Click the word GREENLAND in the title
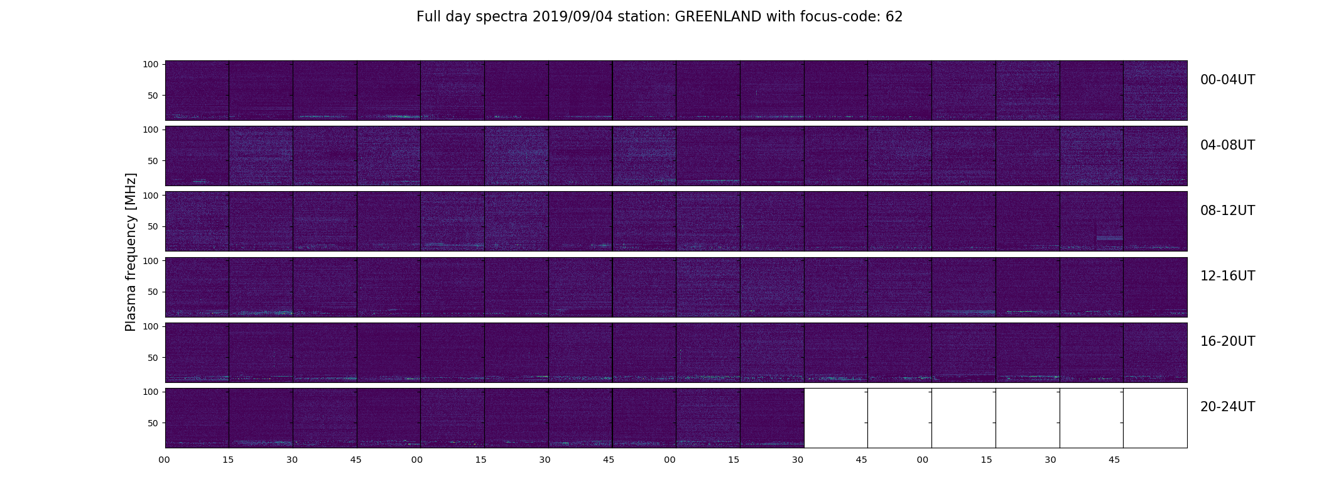pyautogui.click(x=718, y=17)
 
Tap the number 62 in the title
pyautogui.click(x=894, y=17)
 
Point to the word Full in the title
pyautogui.click(x=427, y=17)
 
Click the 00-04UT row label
pyautogui.click(x=1227, y=80)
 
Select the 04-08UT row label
pyautogui.click(x=1227, y=145)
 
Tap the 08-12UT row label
pyautogui.click(x=1227, y=211)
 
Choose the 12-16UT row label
pyautogui.click(x=1227, y=276)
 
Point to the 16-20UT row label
pyautogui.click(x=1227, y=341)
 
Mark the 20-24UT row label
pyautogui.click(x=1227, y=407)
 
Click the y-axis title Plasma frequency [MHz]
pyautogui.click(x=131, y=252)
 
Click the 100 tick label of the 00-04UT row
pyautogui.click(x=151, y=64)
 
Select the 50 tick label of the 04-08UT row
pyautogui.click(x=153, y=161)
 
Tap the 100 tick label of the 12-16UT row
pyautogui.click(x=151, y=260)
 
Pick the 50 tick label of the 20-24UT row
pyautogui.click(x=153, y=423)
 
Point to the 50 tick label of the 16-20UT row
pyautogui.click(x=153, y=358)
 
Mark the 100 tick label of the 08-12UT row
pyautogui.click(x=151, y=195)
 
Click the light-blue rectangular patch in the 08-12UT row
pyautogui.click(x=1109, y=238)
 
